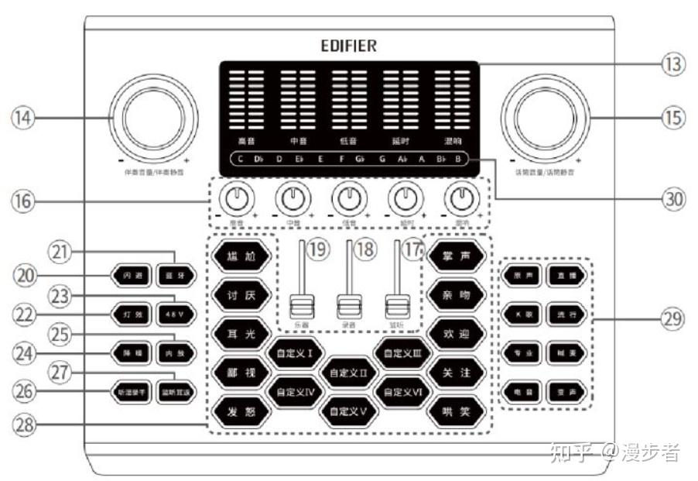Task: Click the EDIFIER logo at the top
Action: [349, 46]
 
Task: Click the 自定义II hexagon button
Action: [348, 373]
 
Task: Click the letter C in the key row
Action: [241, 160]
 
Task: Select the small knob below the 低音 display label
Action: [347, 201]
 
